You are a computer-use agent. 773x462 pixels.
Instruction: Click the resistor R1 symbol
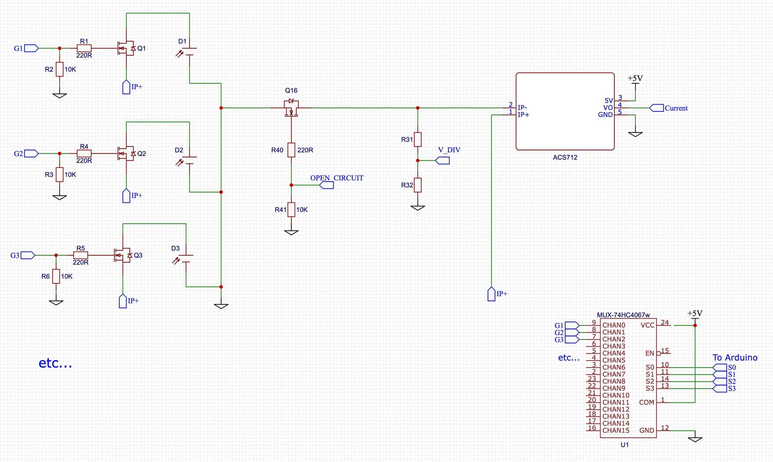[x=84, y=48]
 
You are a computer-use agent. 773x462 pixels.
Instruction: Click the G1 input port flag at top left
[x=31, y=48]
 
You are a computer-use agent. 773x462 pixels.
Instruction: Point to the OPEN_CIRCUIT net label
[x=337, y=178]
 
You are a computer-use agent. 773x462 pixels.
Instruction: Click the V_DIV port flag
[x=443, y=161]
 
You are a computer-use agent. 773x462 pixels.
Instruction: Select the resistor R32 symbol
[x=418, y=185]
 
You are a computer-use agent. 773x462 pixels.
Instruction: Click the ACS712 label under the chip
[x=565, y=157]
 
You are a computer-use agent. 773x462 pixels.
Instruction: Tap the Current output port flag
[x=657, y=108]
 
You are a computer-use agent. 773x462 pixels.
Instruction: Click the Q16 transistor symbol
[x=291, y=107]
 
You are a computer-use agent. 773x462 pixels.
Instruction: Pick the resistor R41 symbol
[x=291, y=210]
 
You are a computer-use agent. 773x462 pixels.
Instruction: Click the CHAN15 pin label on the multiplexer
[x=616, y=430]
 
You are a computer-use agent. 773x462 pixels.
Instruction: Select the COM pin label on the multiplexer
[x=646, y=402]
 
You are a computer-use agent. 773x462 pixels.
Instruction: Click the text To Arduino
[x=735, y=357]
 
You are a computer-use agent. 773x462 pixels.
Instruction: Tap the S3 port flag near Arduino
[x=720, y=388]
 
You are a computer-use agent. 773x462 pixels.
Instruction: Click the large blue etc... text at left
[x=55, y=363]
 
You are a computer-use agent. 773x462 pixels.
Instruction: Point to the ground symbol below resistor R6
[x=56, y=302]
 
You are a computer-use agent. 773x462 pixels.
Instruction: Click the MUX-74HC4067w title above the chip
[x=623, y=315]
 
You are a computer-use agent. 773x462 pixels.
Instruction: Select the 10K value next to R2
[x=70, y=69]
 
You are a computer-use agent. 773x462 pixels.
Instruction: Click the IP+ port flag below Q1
[x=126, y=87]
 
